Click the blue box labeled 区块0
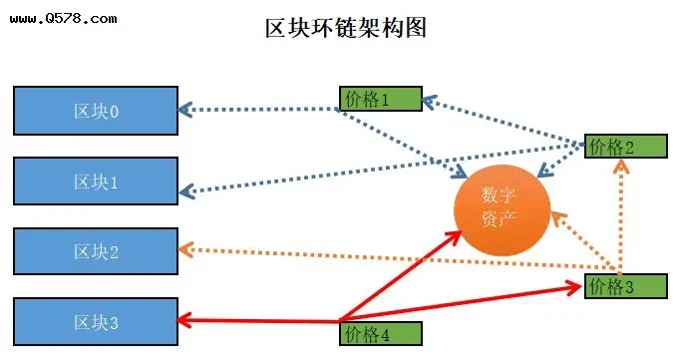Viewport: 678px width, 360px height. click(x=96, y=111)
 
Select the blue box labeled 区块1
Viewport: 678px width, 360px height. click(x=96, y=181)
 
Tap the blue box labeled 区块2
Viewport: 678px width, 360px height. click(x=96, y=251)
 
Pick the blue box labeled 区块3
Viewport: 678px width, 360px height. click(x=96, y=321)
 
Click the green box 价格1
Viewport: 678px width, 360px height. click(x=380, y=98)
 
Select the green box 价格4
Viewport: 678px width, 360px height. click(x=380, y=332)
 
